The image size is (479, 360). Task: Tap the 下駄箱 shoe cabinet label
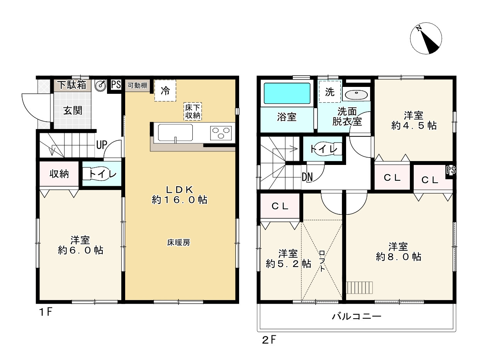72,85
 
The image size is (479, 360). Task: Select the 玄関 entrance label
73,110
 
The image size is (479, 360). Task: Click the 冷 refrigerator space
165,90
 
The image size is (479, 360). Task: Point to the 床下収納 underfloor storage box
192,112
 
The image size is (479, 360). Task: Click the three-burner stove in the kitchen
221,133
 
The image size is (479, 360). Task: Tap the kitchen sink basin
175,132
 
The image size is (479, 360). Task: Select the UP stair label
102,144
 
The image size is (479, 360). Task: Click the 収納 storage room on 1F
59,174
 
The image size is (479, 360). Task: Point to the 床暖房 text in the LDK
179,243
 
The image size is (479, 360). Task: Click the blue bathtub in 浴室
287,93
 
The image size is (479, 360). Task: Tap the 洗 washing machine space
330,92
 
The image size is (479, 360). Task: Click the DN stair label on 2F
307,177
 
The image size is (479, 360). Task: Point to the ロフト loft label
322,261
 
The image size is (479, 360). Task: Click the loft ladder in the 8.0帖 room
359,288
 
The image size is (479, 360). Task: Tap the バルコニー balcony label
357,316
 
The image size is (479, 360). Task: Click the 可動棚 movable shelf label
138,85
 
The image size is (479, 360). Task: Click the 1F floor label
46,312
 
